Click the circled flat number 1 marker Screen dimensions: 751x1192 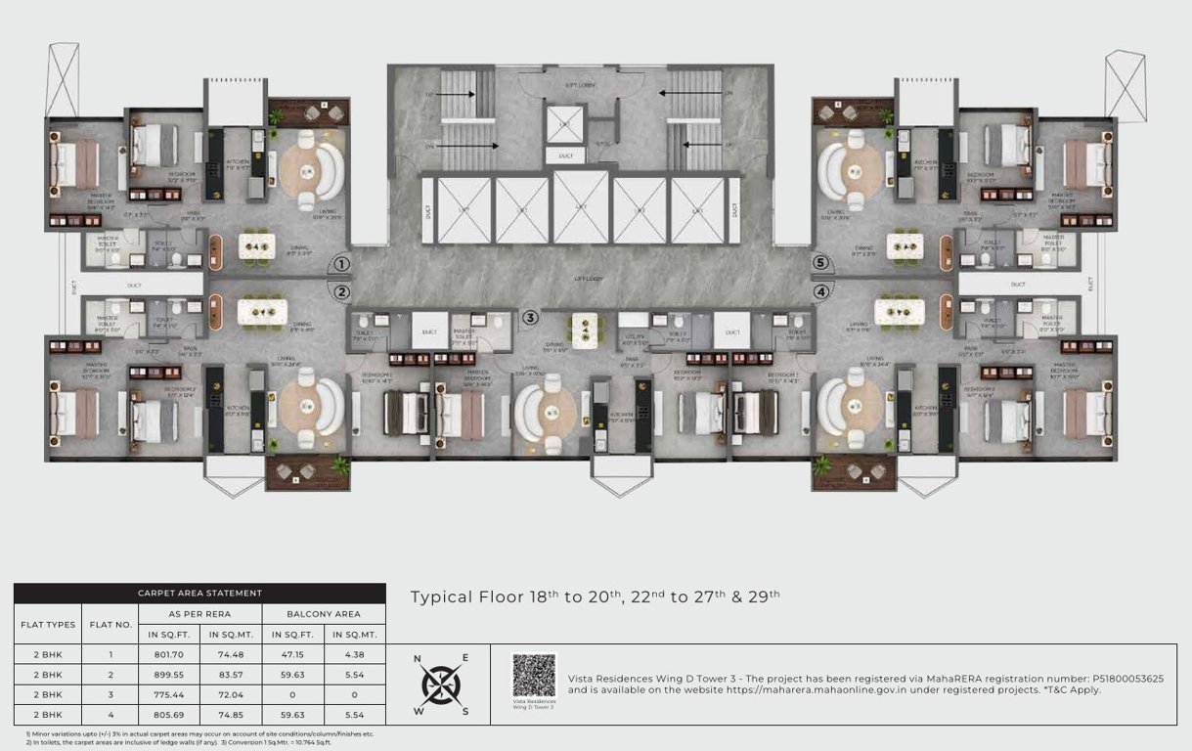pyautogui.click(x=341, y=264)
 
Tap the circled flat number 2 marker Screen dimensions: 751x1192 pyautogui.click(x=341, y=291)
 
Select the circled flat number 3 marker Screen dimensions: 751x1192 pyautogui.click(x=530, y=317)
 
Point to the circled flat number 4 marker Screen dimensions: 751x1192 pyautogui.click(x=821, y=291)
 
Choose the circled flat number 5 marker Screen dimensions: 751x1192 pyautogui.click(x=821, y=263)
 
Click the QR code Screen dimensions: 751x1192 pyautogui.click(x=534, y=675)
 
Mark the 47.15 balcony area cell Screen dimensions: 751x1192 pyautogui.click(x=292, y=655)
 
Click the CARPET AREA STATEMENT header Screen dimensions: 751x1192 pyautogui.click(x=199, y=593)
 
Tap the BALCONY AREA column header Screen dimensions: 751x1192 pyautogui.click(x=324, y=614)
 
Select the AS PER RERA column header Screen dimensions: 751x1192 pyautogui.click(x=199, y=614)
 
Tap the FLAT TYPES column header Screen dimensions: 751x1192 pyautogui.click(x=47, y=624)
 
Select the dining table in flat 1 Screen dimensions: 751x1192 pyautogui.click(x=260, y=246)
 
